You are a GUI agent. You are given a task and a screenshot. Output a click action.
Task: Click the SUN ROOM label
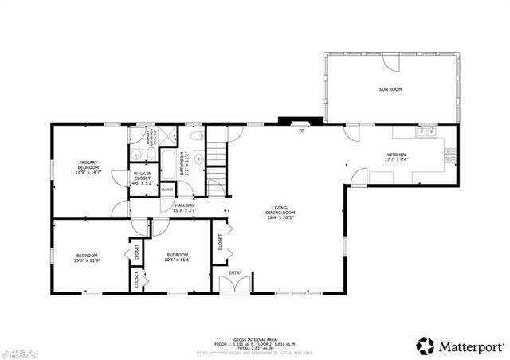[389, 89]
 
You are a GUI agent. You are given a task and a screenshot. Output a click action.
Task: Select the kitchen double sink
[426, 129]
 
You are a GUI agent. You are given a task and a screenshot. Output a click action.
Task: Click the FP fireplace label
[301, 131]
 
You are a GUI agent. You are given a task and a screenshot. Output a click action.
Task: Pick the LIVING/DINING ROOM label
[280, 211]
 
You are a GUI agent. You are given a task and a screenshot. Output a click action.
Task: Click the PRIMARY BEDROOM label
[88, 167]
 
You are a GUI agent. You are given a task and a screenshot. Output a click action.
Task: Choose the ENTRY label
[235, 273]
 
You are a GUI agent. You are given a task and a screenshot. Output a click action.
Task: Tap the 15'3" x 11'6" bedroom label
[86, 256]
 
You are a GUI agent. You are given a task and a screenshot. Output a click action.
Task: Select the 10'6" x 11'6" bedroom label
[177, 256]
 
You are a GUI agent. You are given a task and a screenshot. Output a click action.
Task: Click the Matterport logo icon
[426, 345]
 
